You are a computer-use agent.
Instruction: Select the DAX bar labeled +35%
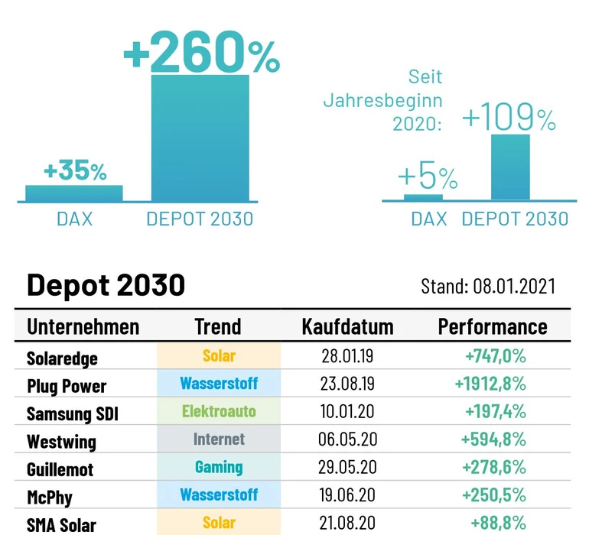click(73, 193)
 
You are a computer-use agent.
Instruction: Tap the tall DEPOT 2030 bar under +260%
click(200, 138)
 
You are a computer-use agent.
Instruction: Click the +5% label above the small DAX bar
click(428, 177)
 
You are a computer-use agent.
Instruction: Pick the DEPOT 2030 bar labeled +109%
click(509, 167)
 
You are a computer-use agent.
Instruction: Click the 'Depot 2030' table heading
click(106, 284)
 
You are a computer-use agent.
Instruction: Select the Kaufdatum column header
click(347, 327)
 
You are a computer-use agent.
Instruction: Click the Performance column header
click(493, 327)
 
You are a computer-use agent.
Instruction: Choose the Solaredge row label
click(63, 357)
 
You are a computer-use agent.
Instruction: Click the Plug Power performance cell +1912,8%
click(494, 384)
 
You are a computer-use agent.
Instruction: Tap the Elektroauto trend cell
click(219, 411)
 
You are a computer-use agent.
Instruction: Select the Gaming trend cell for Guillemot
click(219, 467)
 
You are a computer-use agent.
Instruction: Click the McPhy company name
click(50, 497)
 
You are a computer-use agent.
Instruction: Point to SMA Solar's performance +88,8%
click(496, 524)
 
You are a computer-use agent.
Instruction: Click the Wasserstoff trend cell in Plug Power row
click(219, 384)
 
